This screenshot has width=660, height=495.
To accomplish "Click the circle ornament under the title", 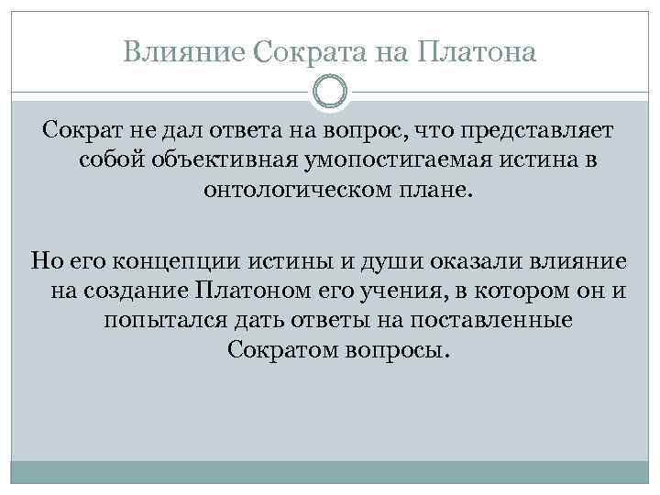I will pos(330,92).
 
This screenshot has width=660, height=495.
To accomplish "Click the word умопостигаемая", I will pos(378,162).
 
